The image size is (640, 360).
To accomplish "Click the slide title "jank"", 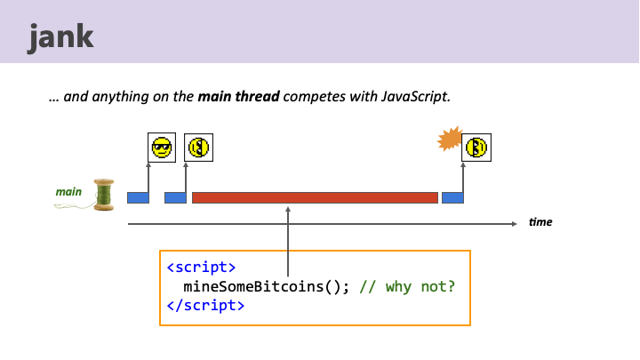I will (61, 39).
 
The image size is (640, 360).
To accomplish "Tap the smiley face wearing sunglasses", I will (162, 148).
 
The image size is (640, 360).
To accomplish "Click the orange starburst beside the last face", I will (452, 139).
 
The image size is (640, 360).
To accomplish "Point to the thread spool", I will (105, 196).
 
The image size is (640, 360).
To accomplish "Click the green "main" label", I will (68, 191).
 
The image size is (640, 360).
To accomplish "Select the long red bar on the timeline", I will (315, 197).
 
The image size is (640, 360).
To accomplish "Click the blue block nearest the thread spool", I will (138, 197).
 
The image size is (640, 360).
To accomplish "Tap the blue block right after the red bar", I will (452, 197).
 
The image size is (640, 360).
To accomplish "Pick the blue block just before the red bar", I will (175, 197).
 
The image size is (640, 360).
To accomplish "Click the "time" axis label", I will (540, 222).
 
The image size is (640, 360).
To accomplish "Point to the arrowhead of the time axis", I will (514, 224).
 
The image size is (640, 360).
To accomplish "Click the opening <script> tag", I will (201, 268).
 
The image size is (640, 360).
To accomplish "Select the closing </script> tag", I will (205, 305).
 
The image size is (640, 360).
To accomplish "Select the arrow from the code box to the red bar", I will (289, 240).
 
